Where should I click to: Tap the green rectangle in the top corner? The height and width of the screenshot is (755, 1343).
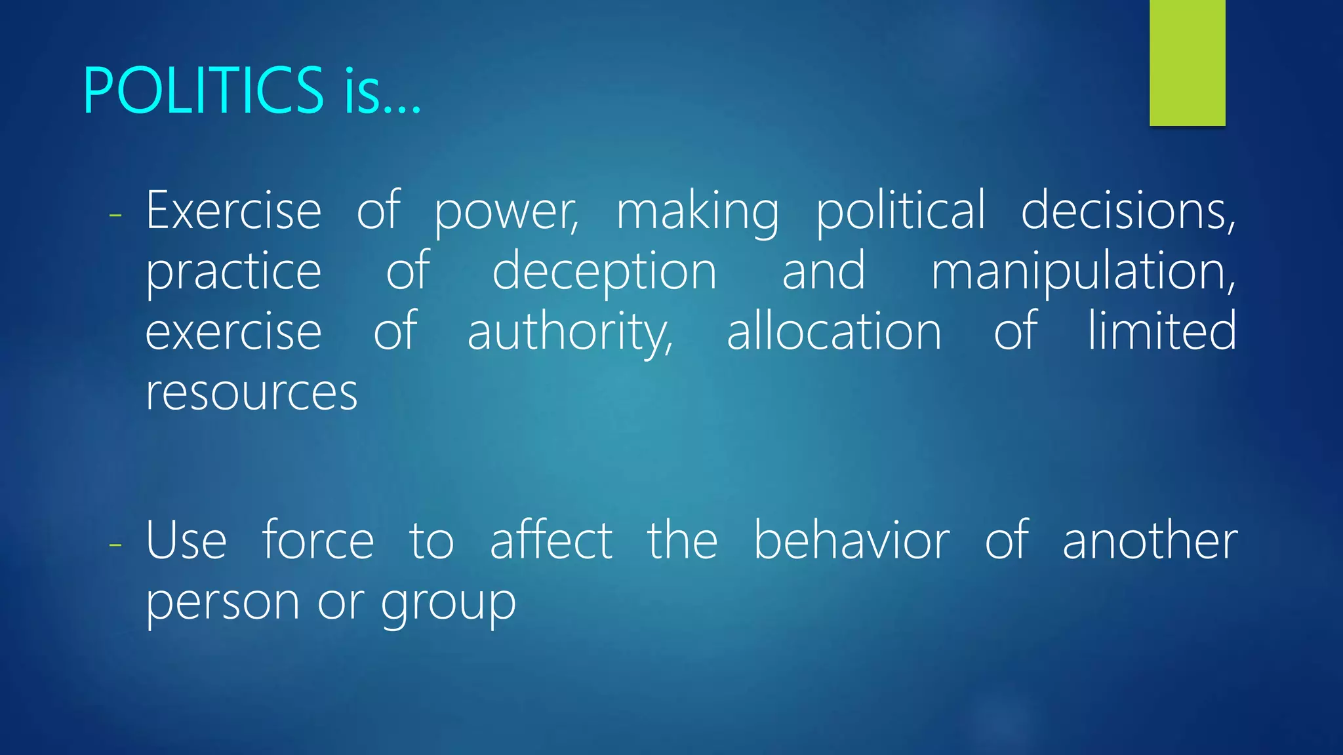click(x=1187, y=62)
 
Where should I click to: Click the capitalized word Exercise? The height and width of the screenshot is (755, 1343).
click(x=233, y=210)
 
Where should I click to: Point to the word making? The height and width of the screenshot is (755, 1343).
click(x=698, y=212)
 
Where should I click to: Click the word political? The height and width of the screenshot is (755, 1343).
click(x=900, y=210)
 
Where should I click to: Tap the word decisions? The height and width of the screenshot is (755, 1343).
click(x=1128, y=210)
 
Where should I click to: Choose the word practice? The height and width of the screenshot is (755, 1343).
click(x=233, y=272)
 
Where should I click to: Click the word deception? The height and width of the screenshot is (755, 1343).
click(x=605, y=272)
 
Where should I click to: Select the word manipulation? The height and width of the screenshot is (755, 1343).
click(x=1083, y=272)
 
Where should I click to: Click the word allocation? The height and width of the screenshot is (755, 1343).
click(x=834, y=331)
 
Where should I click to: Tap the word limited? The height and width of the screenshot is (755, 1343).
click(x=1162, y=331)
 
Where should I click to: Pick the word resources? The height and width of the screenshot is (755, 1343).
click(x=251, y=393)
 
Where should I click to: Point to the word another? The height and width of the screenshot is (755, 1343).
click(x=1150, y=541)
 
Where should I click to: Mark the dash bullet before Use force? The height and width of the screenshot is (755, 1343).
click(x=116, y=544)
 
